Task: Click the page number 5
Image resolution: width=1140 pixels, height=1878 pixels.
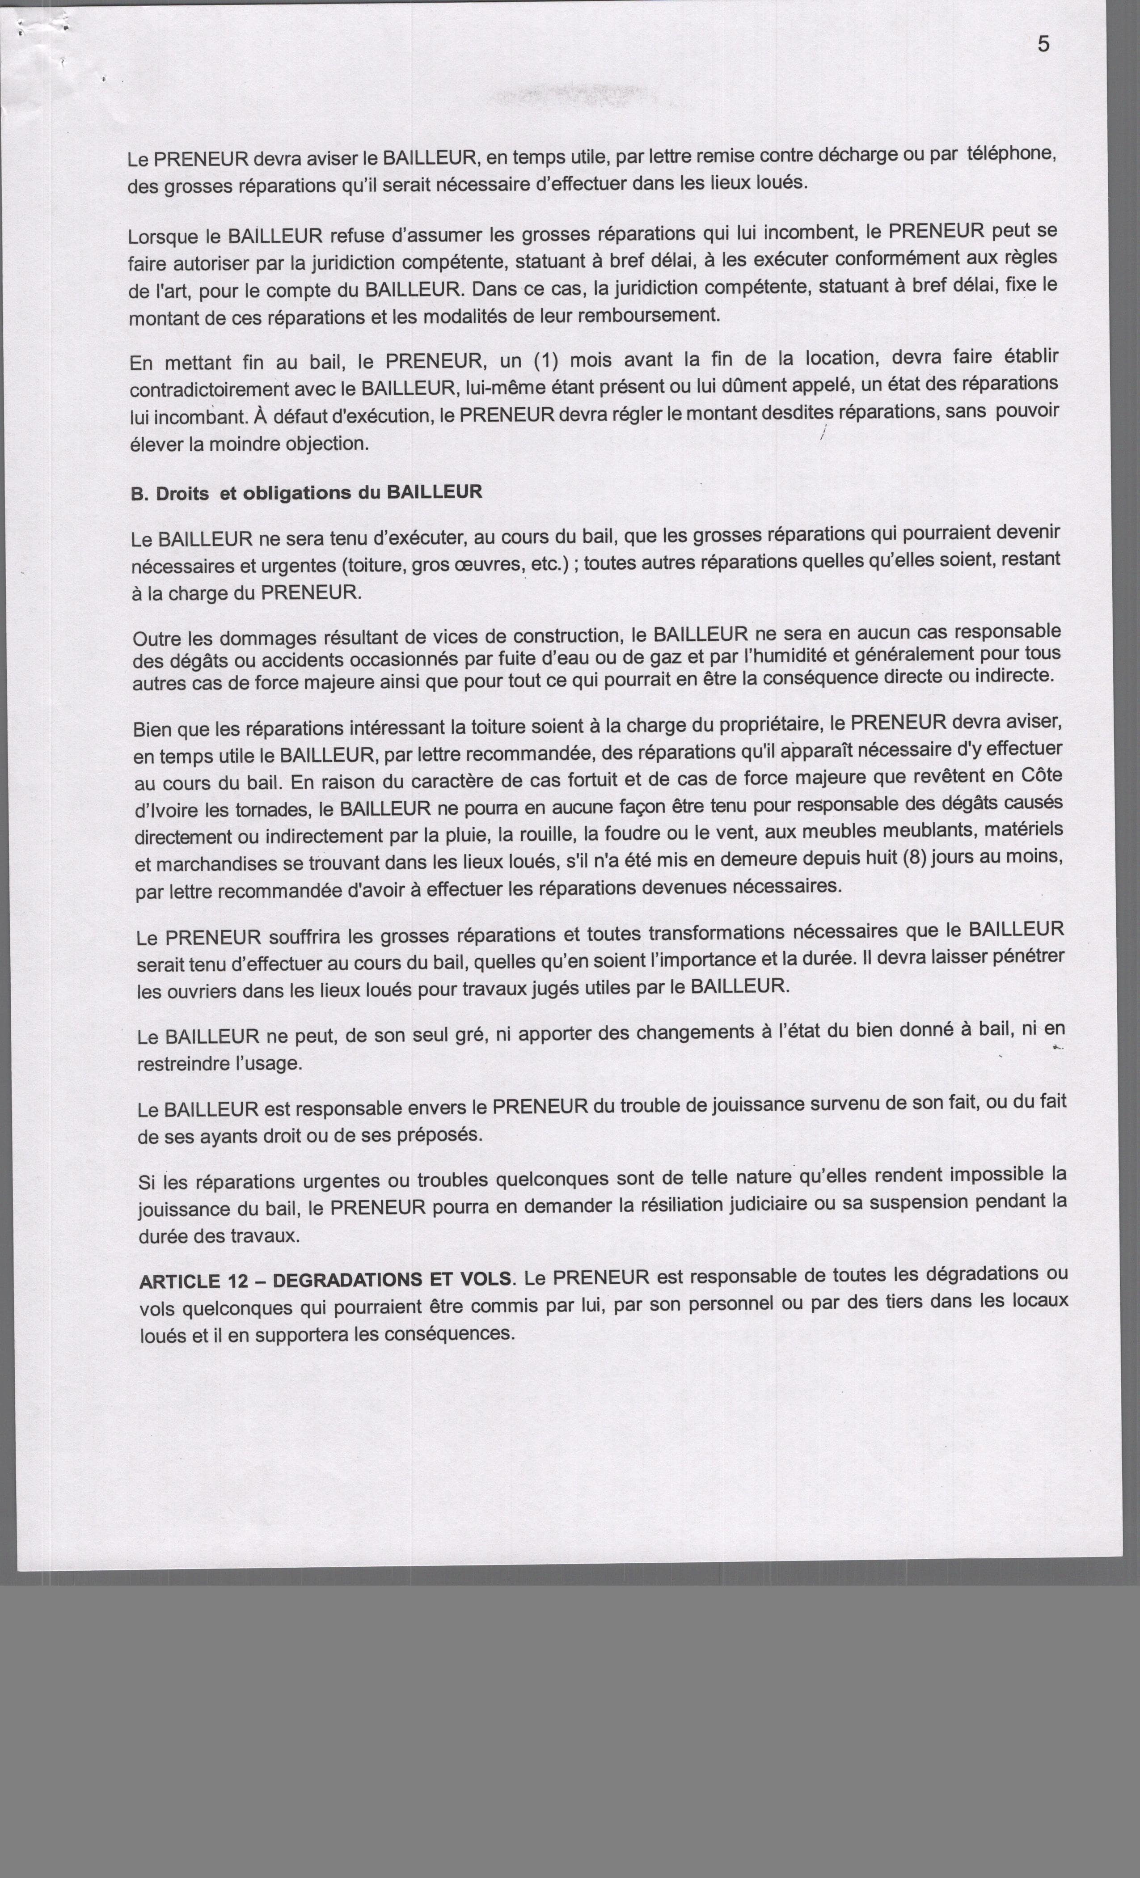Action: [x=1043, y=44]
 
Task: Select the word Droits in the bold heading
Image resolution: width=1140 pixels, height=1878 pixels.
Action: [x=182, y=494]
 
